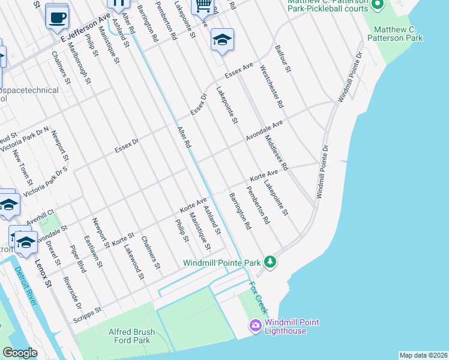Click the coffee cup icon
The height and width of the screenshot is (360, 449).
tap(57, 17)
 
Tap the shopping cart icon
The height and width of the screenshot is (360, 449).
tap(202, 6)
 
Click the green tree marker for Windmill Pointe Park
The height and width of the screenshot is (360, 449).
tap(270, 262)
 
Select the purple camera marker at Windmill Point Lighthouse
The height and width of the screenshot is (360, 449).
tap(255, 326)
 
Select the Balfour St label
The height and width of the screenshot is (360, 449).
tap(282, 59)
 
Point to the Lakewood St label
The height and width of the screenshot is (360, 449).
tap(133, 260)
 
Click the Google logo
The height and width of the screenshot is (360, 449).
tap(19, 353)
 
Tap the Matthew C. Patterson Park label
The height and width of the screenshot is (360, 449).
tap(398, 34)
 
